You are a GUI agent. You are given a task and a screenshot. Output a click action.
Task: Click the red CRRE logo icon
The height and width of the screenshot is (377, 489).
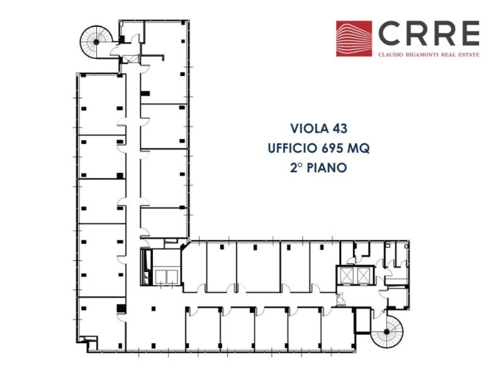point(354,39)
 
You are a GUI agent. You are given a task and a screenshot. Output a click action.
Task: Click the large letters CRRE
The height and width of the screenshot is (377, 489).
point(428,34)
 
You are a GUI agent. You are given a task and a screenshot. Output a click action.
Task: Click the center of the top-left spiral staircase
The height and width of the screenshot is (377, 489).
point(96,41)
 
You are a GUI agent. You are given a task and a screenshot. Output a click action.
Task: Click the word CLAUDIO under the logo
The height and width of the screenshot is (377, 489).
point(391,54)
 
